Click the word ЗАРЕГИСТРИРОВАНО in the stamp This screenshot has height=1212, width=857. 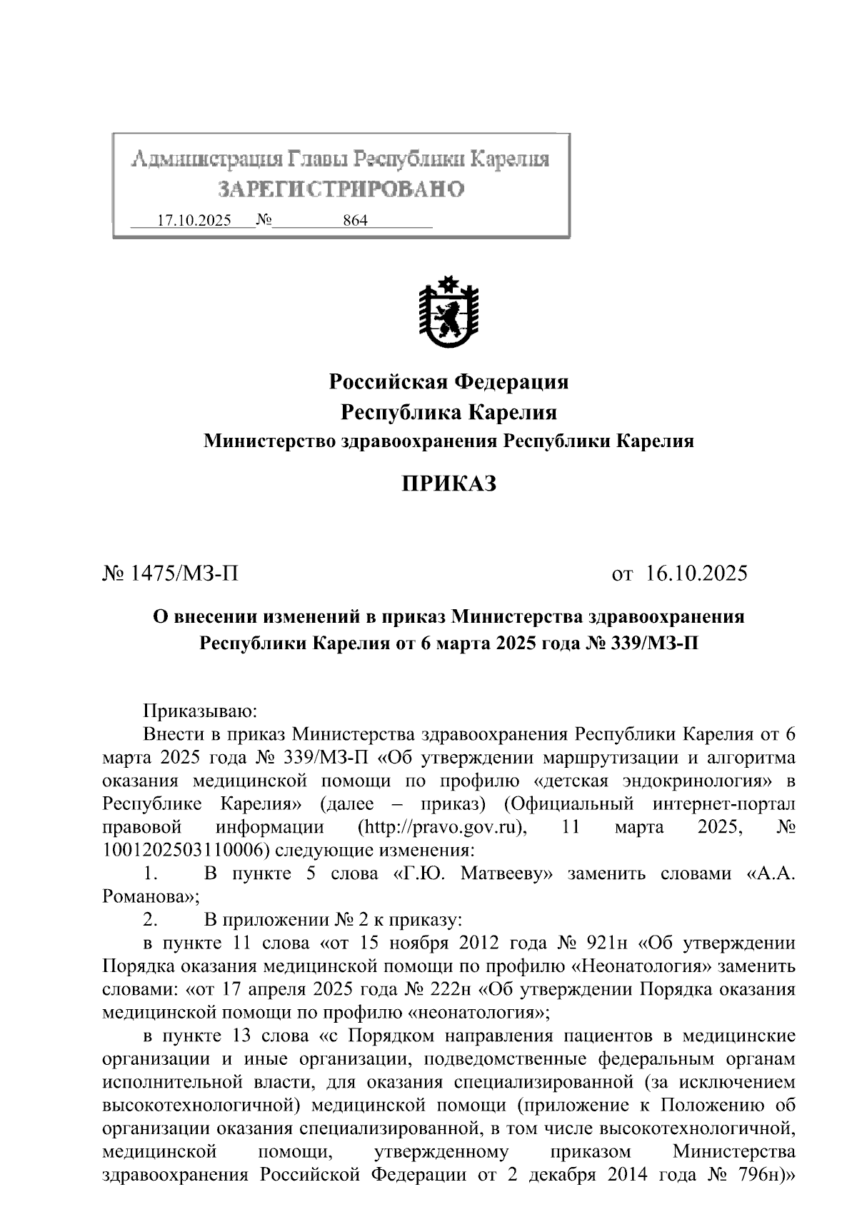[x=341, y=189]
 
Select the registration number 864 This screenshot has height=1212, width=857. [x=355, y=221]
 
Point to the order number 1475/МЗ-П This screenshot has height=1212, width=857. [x=181, y=573]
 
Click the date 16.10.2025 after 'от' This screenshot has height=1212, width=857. [x=697, y=573]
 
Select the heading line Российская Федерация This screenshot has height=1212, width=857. [x=448, y=382]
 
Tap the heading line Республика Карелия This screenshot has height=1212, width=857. [x=448, y=413]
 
